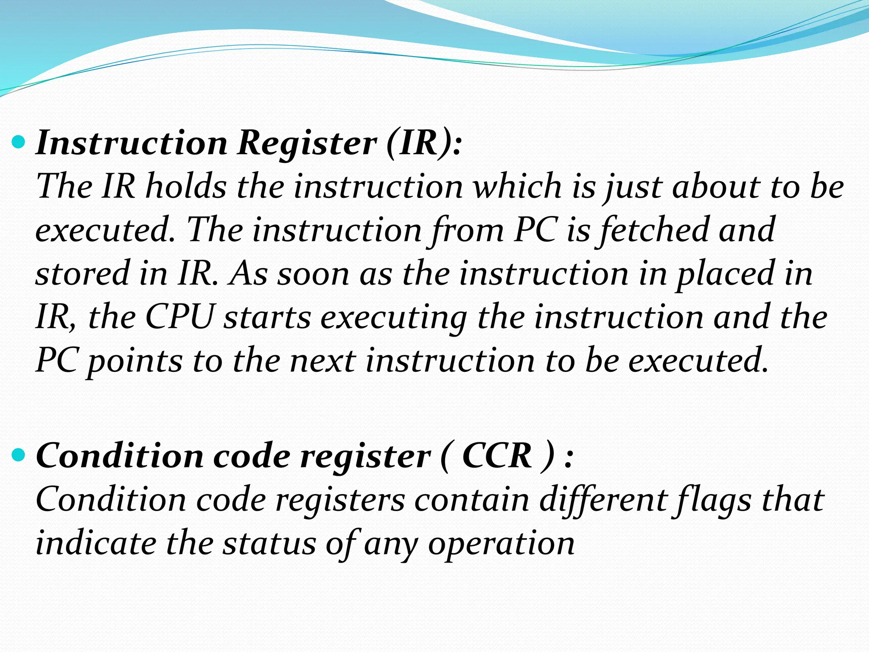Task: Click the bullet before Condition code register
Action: (x=19, y=456)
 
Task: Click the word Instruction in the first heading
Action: (x=132, y=143)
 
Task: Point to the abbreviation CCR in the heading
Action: (x=497, y=456)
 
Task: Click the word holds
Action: (x=186, y=186)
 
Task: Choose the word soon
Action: (x=313, y=274)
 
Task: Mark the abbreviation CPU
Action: (x=179, y=317)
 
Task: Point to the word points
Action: (x=135, y=362)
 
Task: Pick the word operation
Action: (x=501, y=545)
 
